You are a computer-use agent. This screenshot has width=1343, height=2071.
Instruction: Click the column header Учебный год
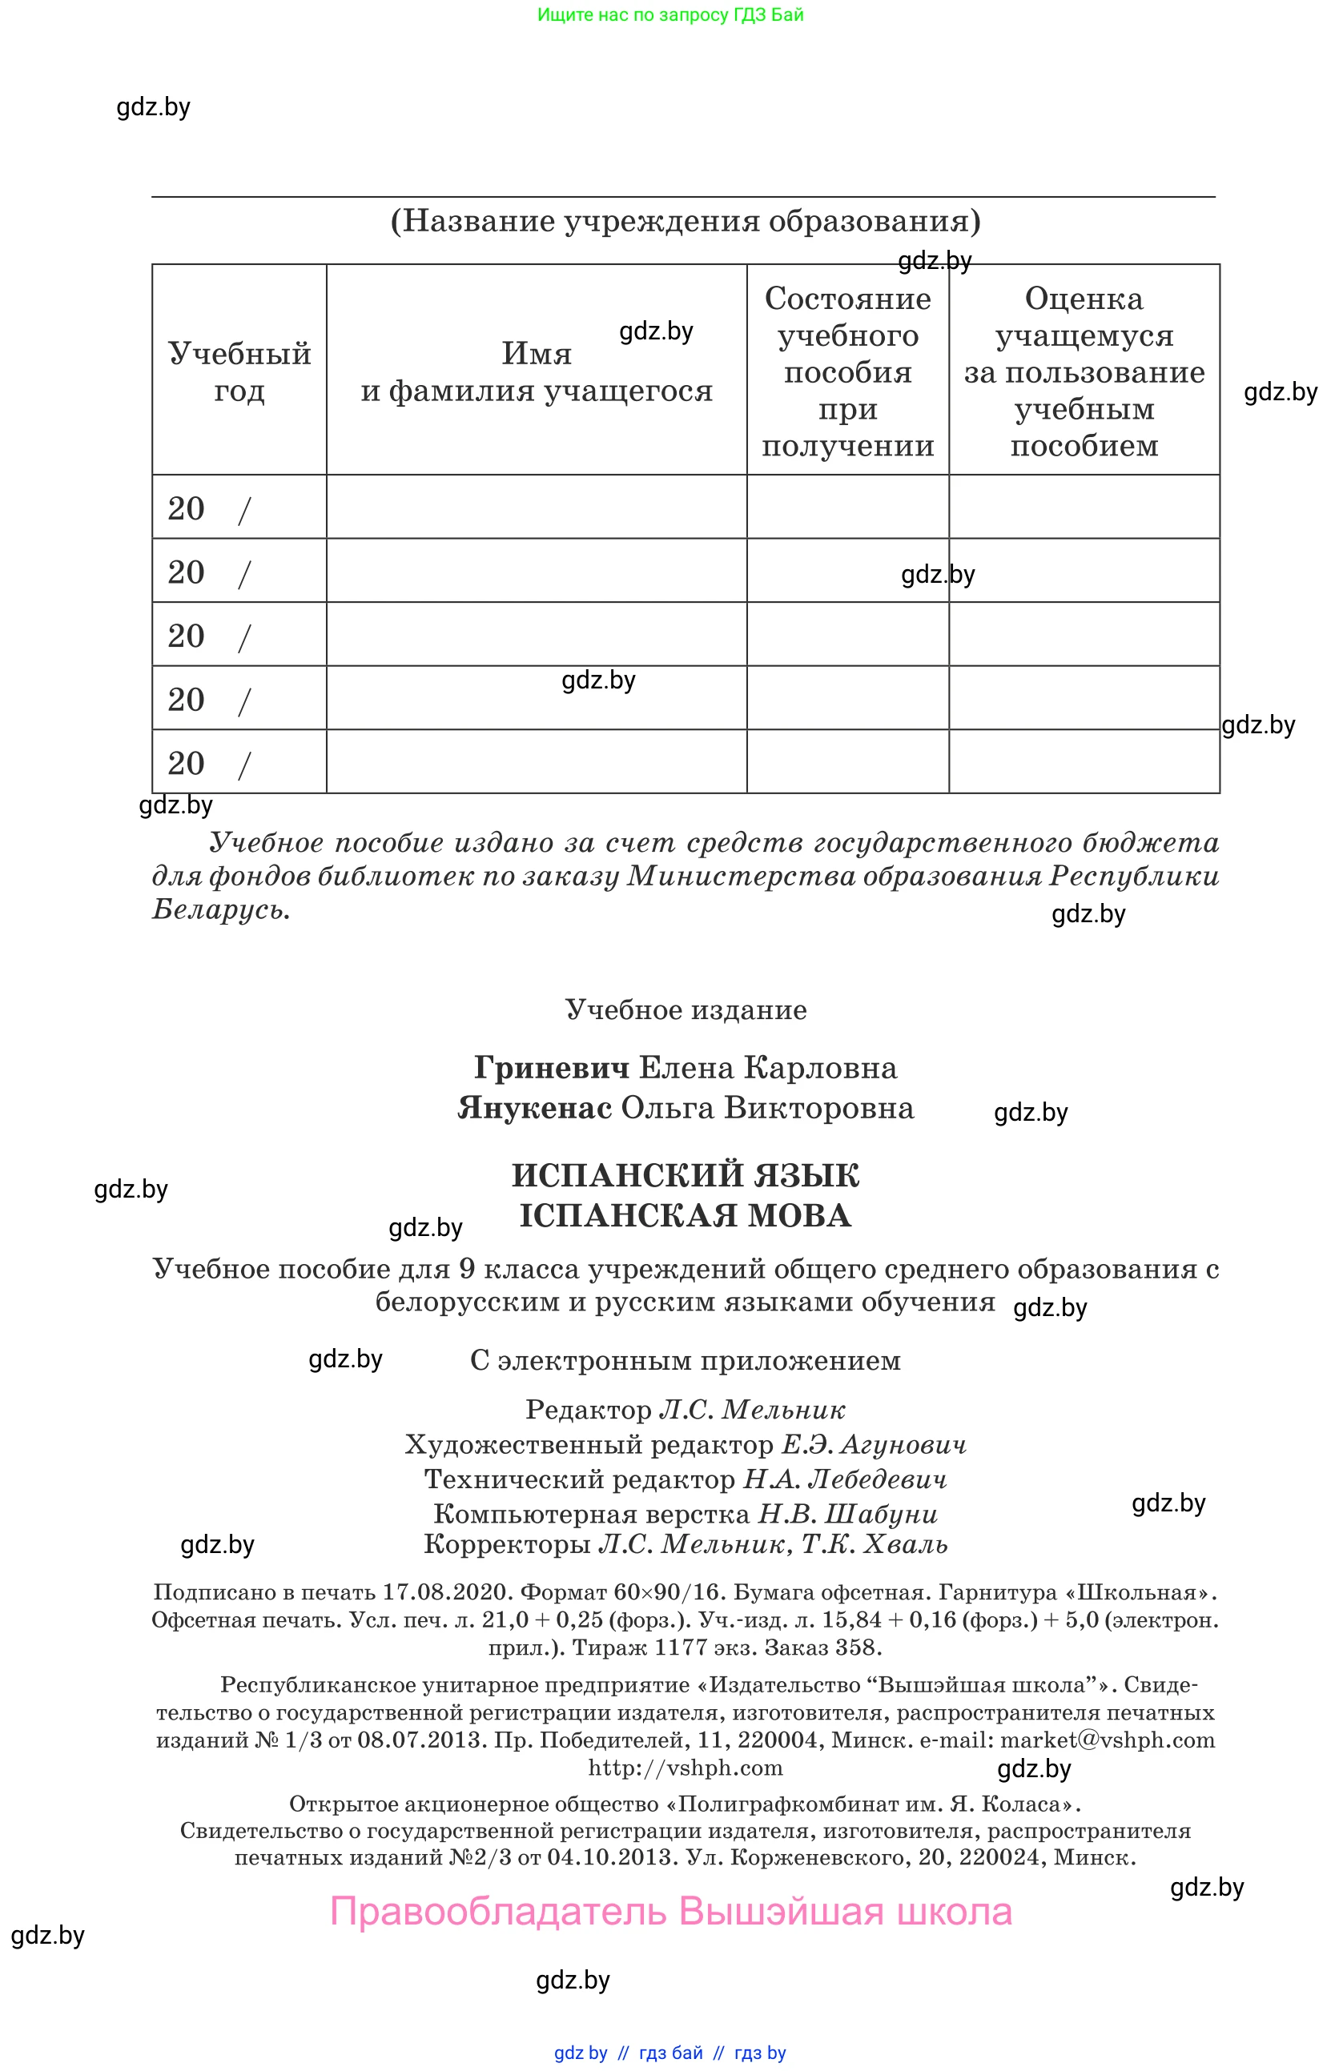pos(239,371)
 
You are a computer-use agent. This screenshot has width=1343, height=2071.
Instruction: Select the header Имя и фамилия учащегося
pos(536,371)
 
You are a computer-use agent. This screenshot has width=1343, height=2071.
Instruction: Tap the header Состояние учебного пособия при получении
pos(848,371)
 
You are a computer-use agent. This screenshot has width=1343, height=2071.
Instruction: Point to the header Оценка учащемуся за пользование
pos(1084,371)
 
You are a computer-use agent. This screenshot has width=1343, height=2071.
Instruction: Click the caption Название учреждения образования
pos(685,221)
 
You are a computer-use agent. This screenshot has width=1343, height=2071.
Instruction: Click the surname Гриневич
pos(551,1068)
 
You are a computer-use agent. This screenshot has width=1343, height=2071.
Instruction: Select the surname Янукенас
pos(534,1108)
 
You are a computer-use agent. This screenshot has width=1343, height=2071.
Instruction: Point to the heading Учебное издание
pos(685,1009)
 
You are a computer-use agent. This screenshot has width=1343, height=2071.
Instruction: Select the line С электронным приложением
pos(685,1360)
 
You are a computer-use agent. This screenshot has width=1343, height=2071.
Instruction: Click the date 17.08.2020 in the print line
pos(445,1592)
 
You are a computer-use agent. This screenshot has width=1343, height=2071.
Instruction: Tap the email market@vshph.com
pos(1107,1740)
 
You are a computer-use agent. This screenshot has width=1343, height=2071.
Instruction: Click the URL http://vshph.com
pos(685,1768)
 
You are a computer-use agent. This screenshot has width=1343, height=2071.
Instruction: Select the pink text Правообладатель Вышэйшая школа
pos(671,1912)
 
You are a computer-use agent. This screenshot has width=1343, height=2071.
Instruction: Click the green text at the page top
pos(670,14)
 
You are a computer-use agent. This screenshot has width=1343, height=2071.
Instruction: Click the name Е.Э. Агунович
pos(874,1444)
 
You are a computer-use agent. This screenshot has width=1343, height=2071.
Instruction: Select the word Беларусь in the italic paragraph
pos(219,909)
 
